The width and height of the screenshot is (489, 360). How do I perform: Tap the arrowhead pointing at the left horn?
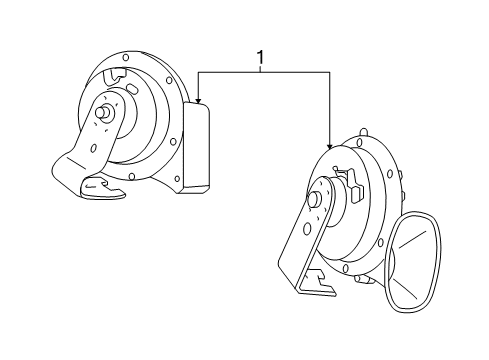pos(200,100)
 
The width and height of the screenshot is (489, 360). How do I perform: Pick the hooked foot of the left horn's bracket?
pos(104,188)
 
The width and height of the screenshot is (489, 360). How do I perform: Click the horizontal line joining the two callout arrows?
pos(264,72)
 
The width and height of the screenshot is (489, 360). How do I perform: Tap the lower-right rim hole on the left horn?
pos(175,180)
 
